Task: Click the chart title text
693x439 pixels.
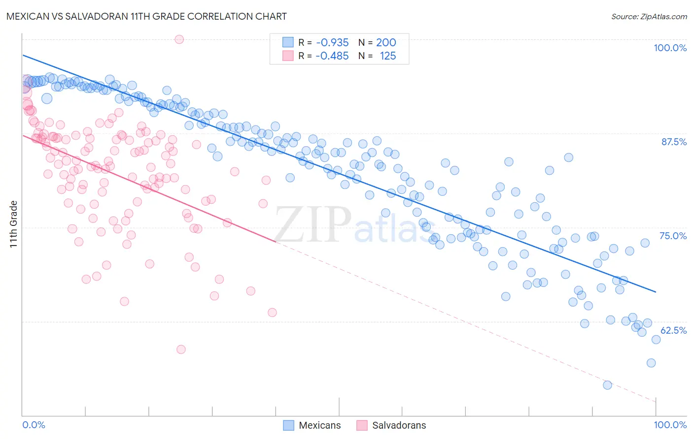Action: pos(146,16)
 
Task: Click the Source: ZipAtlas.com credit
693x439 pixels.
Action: pos(649,17)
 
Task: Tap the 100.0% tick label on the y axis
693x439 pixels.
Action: pos(670,48)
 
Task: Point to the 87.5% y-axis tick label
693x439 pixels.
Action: pos(673,142)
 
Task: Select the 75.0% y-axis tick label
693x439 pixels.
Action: pos(673,236)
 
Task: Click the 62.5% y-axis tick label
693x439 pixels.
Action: pos(673,330)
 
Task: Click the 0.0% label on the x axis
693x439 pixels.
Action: pos(34,425)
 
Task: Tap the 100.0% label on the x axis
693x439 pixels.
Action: pos(670,425)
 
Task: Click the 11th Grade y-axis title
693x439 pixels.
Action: pos(14,224)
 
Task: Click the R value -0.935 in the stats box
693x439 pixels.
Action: pos(332,43)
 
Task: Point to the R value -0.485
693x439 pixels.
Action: pos(332,56)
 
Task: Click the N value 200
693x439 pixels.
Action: pos(386,43)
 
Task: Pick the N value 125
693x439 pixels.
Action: pos(388,56)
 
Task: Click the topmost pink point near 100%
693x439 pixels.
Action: pos(179,39)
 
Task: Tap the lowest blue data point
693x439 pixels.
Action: pos(607,385)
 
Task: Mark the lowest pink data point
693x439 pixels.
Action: pos(181,349)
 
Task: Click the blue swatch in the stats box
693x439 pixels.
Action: pos(288,43)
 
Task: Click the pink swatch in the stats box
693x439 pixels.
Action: pos(288,56)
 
